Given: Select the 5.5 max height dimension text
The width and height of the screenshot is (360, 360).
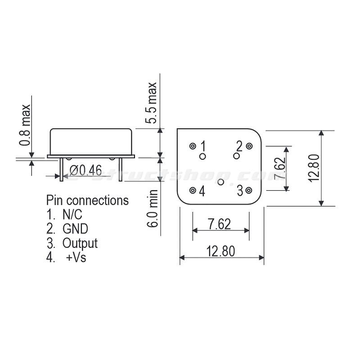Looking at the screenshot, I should point(152,103).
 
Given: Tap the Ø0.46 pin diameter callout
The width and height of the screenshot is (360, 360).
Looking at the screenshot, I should point(86,170).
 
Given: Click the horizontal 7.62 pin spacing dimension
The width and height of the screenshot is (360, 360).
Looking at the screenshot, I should point(220,224).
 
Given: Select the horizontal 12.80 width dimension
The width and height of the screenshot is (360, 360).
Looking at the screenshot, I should point(220,251).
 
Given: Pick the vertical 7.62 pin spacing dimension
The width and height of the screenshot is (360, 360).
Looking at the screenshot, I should point(279,168).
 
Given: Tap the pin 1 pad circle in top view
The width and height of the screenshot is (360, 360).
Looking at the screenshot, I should point(193,146).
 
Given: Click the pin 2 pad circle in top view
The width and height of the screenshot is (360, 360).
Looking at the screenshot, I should point(249,146).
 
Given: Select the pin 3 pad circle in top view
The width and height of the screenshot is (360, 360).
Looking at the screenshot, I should point(249,190).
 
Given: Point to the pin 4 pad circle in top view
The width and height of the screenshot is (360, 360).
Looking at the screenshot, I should point(193,190).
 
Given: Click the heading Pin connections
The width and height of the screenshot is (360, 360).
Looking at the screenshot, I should point(87,200).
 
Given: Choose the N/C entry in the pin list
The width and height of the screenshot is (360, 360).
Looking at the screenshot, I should point(72,214).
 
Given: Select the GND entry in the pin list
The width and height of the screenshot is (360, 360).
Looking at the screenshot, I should point(75,229).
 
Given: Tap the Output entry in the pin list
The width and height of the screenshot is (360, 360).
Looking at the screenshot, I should point(80,243).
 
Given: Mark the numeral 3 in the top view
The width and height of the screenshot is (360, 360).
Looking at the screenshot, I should point(240,191).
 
